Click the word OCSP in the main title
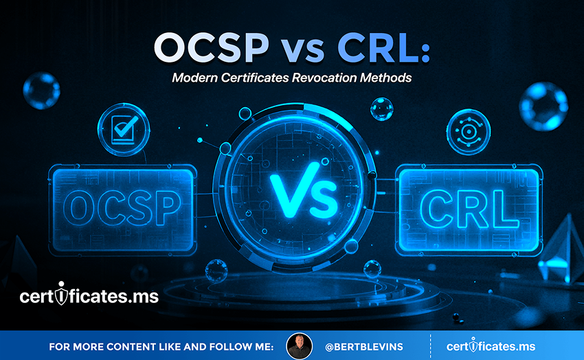(x=211, y=48)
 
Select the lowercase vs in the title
(x=302, y=51)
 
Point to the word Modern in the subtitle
(x=195, y=78)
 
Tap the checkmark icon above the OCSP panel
(x=124, y=129)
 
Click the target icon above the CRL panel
(x=468, y=132)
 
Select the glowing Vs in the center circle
(x=304, y=190)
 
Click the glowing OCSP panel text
(x=122, y=208)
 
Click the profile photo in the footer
(x=299, y=346)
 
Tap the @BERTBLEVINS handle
(x=364, y=347)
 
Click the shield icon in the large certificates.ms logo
(x=61, y=294)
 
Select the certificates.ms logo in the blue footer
(x=491, y=346)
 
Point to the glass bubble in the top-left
(x=41, y=91)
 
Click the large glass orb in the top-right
(x=543, y=106)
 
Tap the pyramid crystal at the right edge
(x=561, y=249)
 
